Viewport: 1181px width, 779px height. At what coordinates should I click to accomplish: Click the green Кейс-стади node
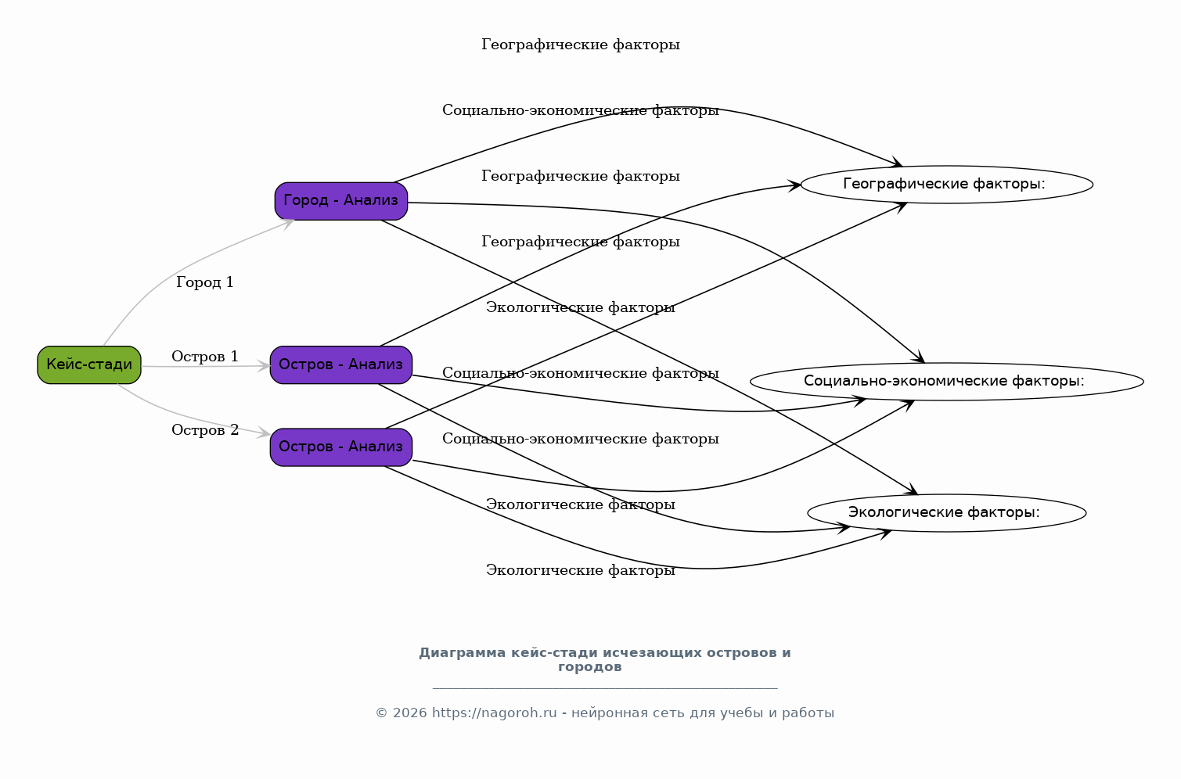pyautogui.click(x=89, y=364)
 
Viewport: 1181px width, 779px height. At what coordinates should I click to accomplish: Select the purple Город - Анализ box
pyautogui.click(x=341, y=201)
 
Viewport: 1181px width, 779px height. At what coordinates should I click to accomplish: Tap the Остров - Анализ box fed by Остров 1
pyautogui.click(x=341, y=364)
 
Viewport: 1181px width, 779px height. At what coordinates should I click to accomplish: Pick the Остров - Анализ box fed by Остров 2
pyautogui.click(x=341, y=447)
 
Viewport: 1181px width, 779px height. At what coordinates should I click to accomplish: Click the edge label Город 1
pyautogui.click(x=205, y=282)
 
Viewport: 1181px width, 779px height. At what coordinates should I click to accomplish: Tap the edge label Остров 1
pyautogui.click(x=205, y=357)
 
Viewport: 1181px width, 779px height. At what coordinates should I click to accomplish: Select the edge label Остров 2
pyautogui.click(x=205, y=430)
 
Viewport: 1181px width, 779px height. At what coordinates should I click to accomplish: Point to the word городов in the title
pyautogui.click(x=590, y=667)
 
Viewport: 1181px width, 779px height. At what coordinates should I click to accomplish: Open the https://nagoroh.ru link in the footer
pyautogui.click(x=495, y=713)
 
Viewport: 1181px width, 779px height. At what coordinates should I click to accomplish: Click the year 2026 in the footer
pyautogui.click(x=409, y=713)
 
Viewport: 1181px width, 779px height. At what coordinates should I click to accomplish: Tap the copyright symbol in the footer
pyautogui.click(x=381, y=713)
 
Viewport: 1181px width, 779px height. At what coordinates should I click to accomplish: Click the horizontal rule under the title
pyautogui.click(x=605, y=687)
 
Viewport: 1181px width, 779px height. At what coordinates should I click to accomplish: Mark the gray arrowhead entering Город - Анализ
pyautogui.click(x=288, y=224)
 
